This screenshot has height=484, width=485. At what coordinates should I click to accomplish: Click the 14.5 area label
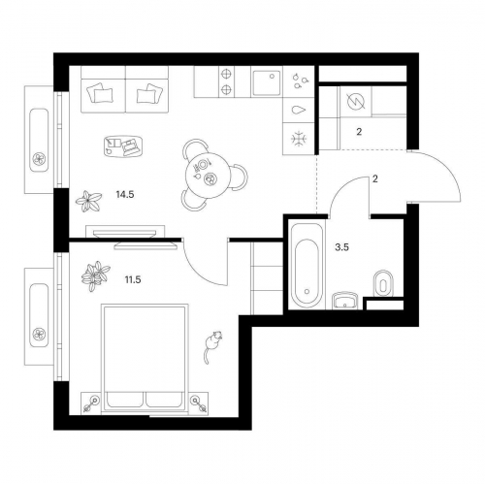(125, 195)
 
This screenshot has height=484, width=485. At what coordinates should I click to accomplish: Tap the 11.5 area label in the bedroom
(133, 279)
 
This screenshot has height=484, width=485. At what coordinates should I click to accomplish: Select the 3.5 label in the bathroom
(342, 247)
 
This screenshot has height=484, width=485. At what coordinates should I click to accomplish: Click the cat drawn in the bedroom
(211, 346)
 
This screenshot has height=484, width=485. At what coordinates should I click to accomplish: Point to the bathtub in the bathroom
(307, 265)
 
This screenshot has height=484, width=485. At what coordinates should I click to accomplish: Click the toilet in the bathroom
(383, 283)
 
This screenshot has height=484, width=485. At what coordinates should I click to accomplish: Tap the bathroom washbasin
(346, 301)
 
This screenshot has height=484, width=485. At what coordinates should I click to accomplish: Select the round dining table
(209, 175)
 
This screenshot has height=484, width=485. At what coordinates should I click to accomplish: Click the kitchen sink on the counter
(267, 82)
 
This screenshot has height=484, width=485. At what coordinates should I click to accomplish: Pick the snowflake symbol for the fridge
(299, 139)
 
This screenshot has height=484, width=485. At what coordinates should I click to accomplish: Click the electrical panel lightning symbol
(356, 101)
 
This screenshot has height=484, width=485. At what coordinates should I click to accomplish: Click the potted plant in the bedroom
(95, 276)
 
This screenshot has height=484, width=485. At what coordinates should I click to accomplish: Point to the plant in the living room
(88, 201)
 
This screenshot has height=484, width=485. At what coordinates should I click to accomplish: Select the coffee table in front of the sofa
(123, 145)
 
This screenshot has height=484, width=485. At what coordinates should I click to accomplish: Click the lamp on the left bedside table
(91, 403)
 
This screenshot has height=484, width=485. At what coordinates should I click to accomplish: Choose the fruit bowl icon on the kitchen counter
(300, 81)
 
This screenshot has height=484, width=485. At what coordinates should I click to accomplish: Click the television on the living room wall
(125, 234)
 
